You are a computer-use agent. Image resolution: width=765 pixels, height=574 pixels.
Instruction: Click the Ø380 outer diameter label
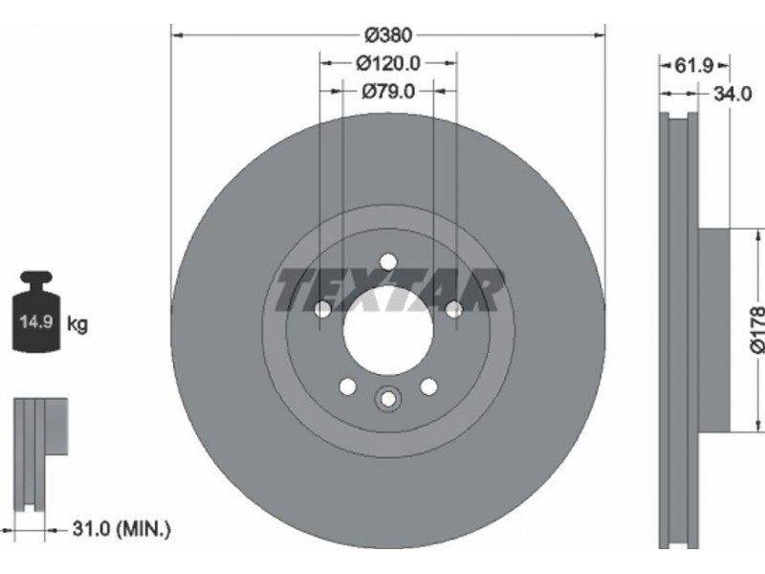[388, 35]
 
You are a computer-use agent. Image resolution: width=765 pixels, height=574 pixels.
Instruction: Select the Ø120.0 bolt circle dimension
[388, 63]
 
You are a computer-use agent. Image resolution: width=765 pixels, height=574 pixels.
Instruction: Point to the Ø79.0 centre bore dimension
[388, 91]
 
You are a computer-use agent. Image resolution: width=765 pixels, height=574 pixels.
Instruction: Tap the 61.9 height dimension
[694, 65]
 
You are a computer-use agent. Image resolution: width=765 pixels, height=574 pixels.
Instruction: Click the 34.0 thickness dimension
[732, 94]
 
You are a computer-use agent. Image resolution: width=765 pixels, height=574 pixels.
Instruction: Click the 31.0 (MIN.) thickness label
[121, 529]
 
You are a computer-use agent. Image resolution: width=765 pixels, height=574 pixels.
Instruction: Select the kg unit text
[77, 323]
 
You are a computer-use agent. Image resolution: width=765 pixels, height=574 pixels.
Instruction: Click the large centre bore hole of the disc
[388, 330]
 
